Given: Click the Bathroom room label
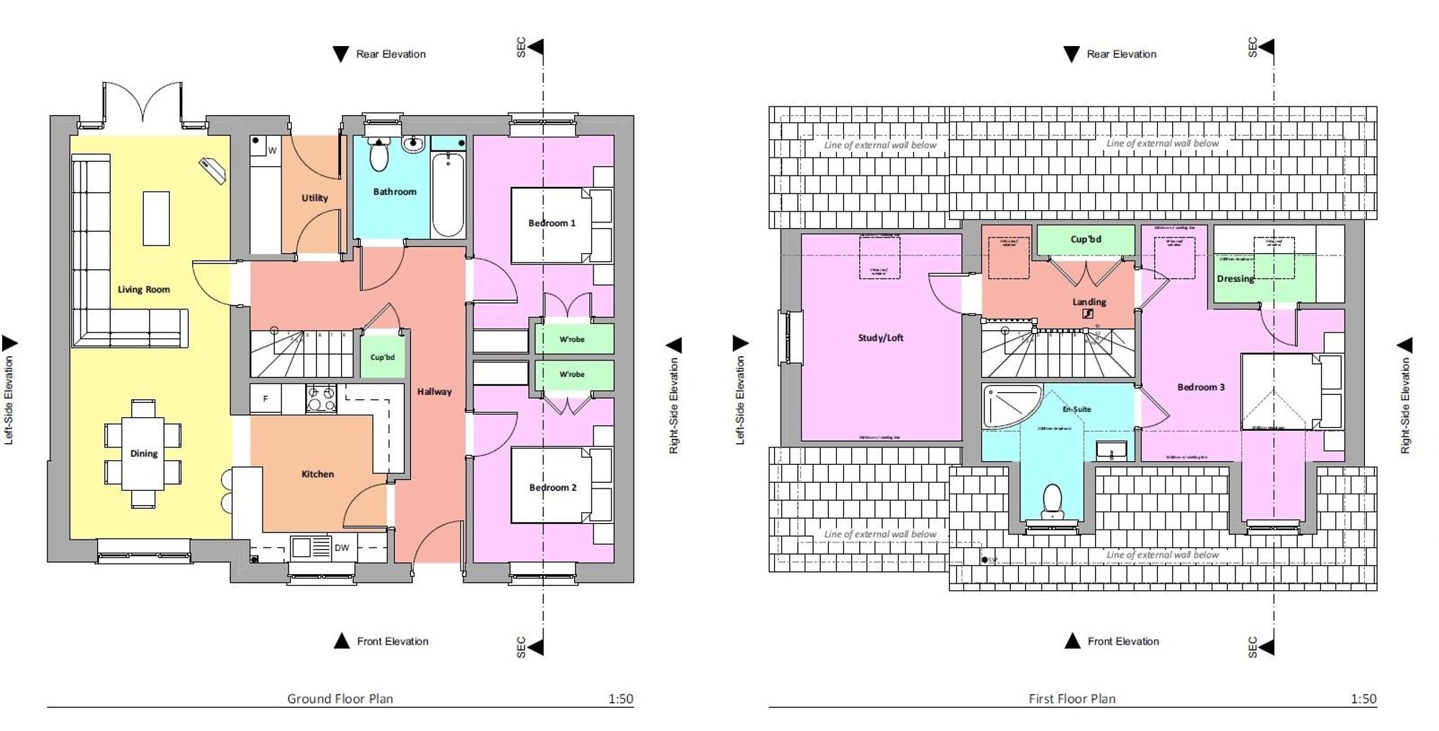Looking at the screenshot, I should [x=394, y=191].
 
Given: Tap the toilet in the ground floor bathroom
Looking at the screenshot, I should [x=378, y=153].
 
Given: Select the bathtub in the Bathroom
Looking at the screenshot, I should [x=448, y=194].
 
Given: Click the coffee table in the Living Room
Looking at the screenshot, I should [x=156, y=218].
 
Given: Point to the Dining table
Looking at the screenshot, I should [x=143, y=453].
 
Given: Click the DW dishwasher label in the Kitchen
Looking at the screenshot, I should [x=342, y=548].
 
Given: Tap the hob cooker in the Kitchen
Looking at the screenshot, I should [x=321, y=399].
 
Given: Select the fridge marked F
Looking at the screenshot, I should [x=265, y=399].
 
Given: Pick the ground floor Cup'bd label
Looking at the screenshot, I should [x=382, y=357].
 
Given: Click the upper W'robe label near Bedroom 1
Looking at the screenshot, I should [x=572, y=339].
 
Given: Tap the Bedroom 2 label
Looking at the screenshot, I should [x=553, y=487].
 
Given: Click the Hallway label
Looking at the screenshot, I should [x=435, y=391].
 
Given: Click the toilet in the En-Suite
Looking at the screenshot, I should [x=1053, y=501].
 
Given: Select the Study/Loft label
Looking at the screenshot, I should [x=880, y=337].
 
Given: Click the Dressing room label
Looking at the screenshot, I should [x=1235, y=278].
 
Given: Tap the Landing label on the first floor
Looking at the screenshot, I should [x=1089, y=301].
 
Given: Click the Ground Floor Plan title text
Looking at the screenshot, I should [x=340, y=698].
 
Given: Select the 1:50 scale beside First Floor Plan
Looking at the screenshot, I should [x=1363, y=698].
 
